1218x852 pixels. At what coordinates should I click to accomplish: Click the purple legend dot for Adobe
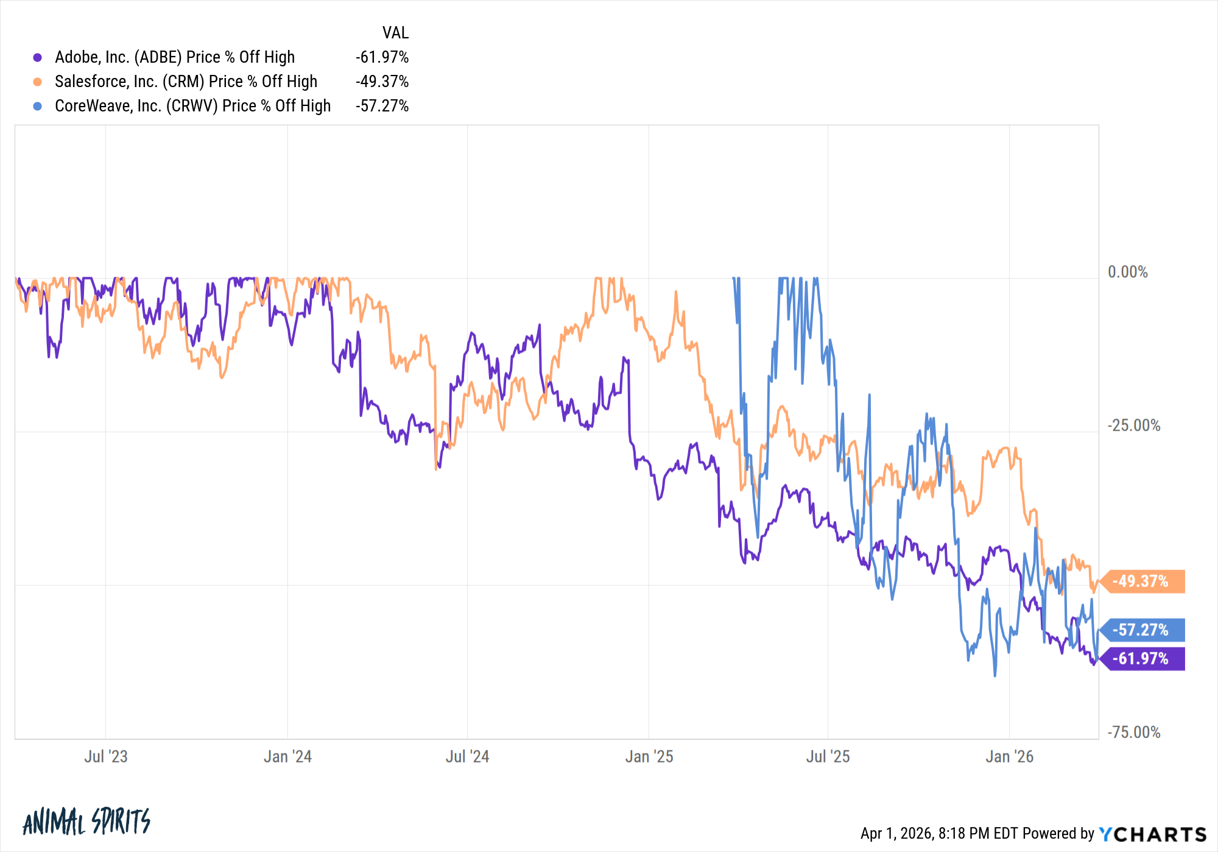[38, 57]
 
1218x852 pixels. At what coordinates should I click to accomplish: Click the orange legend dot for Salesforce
[38, 82]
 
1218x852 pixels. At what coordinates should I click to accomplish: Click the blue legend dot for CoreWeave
[38, 106]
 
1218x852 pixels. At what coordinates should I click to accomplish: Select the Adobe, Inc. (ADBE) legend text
[175, 57]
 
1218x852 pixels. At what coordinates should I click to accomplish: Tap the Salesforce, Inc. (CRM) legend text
[186, 82]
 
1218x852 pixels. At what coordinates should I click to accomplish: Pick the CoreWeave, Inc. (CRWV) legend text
[192, 106]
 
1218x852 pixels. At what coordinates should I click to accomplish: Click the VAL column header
[395, 32]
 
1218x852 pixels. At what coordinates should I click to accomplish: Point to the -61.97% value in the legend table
[382, 57]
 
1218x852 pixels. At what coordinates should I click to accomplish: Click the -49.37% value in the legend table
[382, 82]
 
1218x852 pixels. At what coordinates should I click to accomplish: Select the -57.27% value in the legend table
[382, 106]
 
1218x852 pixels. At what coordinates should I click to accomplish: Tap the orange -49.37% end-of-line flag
[1144, 581]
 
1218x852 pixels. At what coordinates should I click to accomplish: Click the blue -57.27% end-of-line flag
[1144, 630]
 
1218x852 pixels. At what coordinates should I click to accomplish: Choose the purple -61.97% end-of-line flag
[1144, 658]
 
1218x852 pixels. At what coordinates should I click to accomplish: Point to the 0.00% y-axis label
[1127, 272]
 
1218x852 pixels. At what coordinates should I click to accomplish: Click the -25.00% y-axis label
[1133, 425]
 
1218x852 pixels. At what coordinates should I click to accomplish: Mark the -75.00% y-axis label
[1133, 732]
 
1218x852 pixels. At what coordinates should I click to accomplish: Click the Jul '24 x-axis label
[467, 756]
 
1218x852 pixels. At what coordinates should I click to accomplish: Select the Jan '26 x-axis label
[1009, 756]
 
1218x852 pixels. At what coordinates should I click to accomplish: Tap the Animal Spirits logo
[86, 822]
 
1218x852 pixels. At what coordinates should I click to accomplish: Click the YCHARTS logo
[1152, 834]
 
